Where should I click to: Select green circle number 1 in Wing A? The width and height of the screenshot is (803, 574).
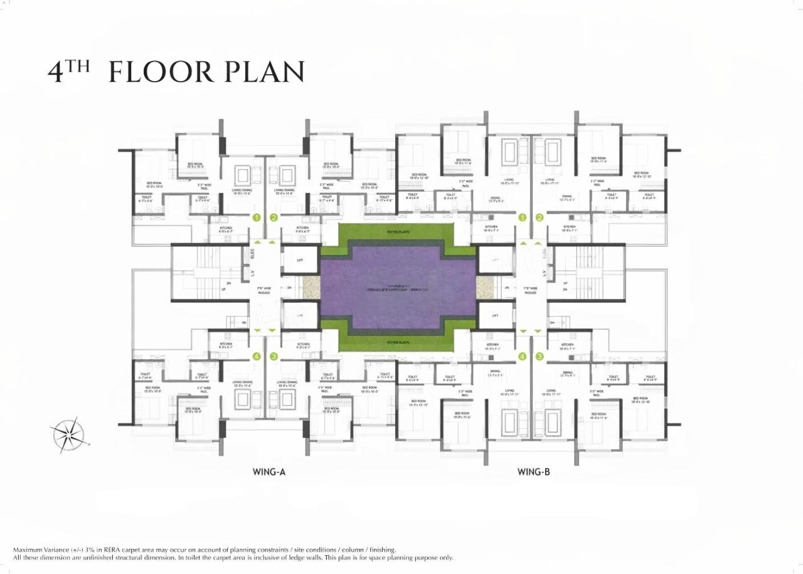tap(256, 218)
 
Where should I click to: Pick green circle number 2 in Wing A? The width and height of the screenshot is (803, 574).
tap(274, 218)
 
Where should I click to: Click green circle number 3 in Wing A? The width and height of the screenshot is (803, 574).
tap(274, 356)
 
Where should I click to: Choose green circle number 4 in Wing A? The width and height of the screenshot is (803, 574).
tap(256, 356)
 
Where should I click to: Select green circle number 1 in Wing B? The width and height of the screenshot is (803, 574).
tap(522, 218)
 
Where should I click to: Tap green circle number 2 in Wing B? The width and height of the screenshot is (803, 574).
tap(540, 218)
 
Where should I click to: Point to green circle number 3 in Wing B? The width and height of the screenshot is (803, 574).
tap(540, 356)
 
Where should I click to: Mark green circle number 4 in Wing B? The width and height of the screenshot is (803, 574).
tap(522, 356)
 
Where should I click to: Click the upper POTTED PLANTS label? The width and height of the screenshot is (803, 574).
tap(398, 232)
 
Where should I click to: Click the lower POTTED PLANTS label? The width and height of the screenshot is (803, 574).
tap(398, 342)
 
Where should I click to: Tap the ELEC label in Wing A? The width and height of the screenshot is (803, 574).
tap(252, 255)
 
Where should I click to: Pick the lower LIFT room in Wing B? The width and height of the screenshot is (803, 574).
tap(496, 316)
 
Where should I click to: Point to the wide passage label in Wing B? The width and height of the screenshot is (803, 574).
tap(530, 291)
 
